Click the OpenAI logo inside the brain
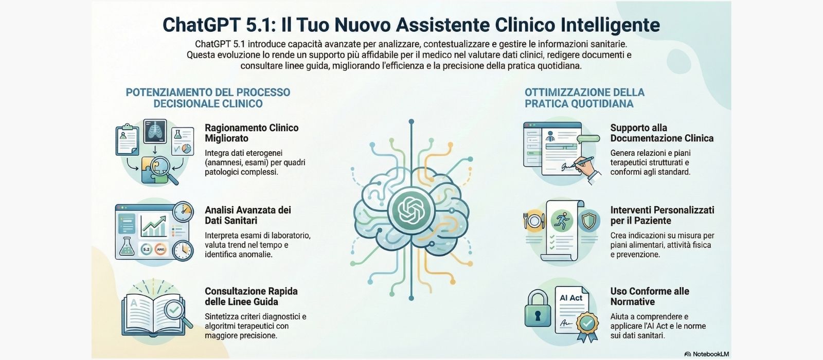point(411,209)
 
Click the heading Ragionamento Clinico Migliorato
point(252,133)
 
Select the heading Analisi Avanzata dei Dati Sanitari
point(248,215)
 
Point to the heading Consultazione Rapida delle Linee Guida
point(251,296)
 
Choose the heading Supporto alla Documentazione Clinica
point(661,133)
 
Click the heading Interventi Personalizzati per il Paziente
point(662,215)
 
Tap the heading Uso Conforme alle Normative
point(650,296)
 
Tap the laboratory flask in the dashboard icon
point(126,247)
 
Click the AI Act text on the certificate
point(571,298)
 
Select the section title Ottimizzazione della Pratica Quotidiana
point(584,98)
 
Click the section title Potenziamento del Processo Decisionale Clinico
point(208,98)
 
